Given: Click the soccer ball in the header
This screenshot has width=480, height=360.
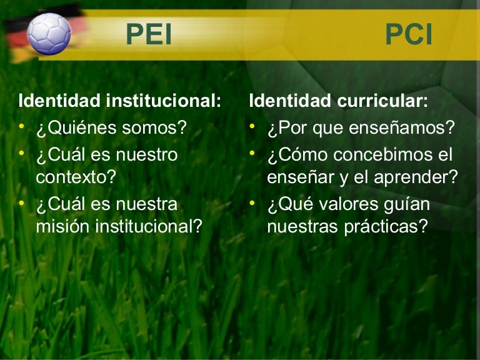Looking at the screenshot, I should [49, 33].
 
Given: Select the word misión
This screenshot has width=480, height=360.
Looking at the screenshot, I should [62, 226].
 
